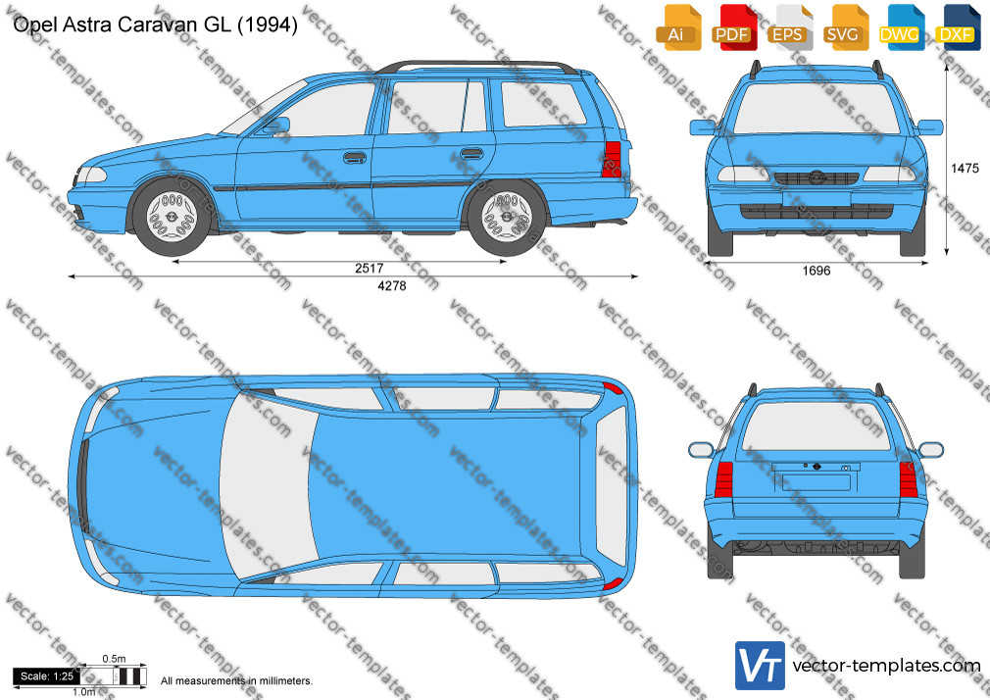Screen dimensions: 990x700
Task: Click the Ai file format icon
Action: coord(678,27)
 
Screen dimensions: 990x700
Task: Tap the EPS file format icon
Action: coord(790,27)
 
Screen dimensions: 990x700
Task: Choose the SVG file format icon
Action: coord(846,27)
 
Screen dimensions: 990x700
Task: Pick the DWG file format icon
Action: coord(902,27)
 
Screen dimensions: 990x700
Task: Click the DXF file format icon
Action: coord(958,27)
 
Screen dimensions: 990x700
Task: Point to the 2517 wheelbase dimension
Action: coord(370,268)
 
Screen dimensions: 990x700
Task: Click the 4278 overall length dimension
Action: coord(391,285)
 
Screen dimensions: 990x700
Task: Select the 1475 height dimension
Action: coord(965,168)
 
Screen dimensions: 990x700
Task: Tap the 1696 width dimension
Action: coord(816,271)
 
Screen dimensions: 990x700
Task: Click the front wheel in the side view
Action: coord(172,218)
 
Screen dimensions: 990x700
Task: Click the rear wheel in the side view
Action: coord(507,218)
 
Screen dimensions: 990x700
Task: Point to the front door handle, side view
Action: coord(355,157)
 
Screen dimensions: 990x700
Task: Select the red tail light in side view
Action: coord(613,159)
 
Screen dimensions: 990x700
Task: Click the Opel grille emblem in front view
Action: coord(816,178)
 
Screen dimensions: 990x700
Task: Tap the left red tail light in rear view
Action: coord(723,479)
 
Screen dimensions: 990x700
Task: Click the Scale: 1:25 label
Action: coord(47,676)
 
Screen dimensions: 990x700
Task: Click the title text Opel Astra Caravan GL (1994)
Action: coord(155,25)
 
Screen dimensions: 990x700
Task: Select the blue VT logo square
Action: coord(761,666)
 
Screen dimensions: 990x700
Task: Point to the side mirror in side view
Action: coord(278,125)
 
